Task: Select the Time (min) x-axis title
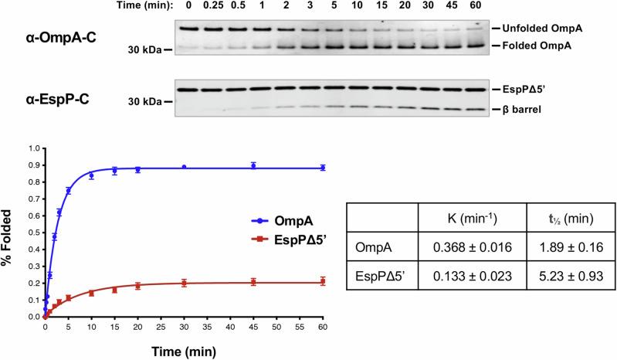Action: pos(185,350)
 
